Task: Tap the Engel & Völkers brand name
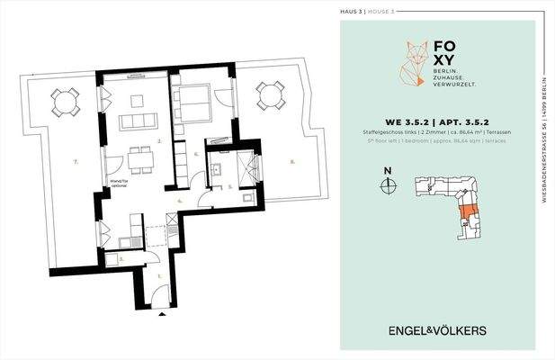(437, 330)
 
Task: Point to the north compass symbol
(388, 185)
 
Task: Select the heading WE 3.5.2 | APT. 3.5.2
(437, 120)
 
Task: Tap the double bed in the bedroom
(193, 95)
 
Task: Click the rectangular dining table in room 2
(139, 159)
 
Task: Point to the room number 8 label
(291, 163)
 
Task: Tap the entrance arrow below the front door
(162, 315)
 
